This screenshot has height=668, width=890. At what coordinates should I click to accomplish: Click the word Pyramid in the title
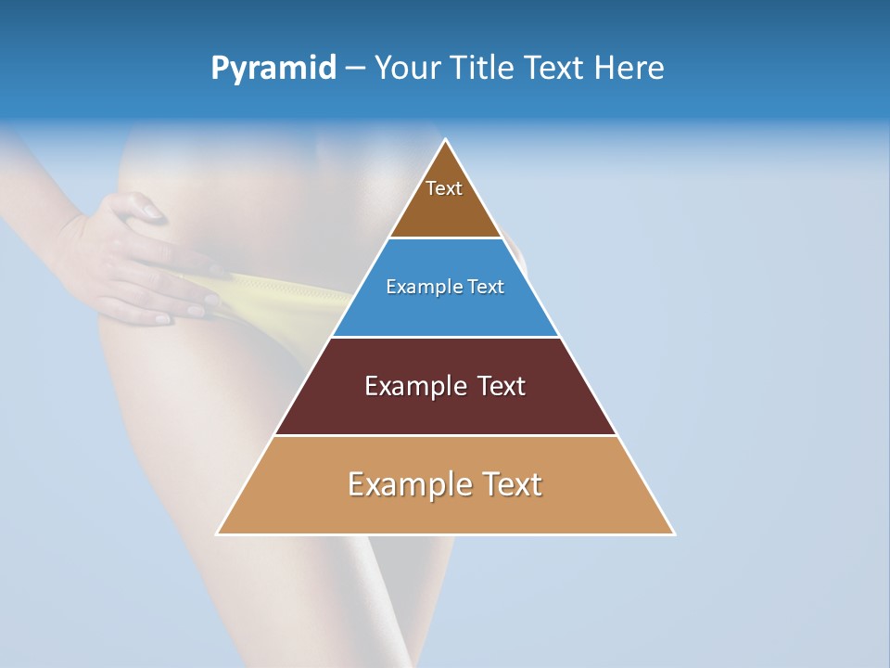(x=273, y=69)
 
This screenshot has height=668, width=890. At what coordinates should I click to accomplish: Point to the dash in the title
(x=355, y=69)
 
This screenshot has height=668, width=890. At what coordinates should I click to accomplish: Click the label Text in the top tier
(x=444, y=188)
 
